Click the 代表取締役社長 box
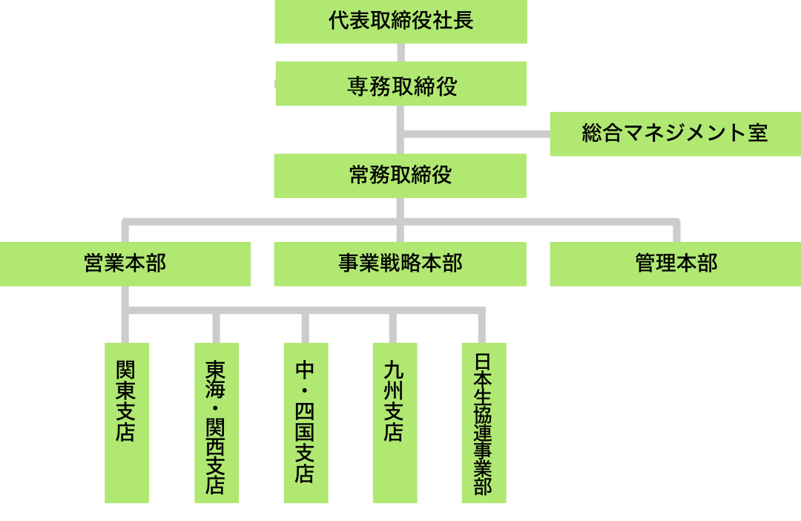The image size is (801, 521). tap(400, 22)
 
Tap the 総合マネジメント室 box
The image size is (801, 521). tap(675, 134)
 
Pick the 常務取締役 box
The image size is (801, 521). tap(400, 176)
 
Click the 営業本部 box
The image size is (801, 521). tap(125, 263)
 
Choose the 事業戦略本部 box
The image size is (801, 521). tap(400, 263)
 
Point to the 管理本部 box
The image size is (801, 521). tap(675, 263)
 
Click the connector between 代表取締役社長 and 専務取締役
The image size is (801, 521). tap(400, 52)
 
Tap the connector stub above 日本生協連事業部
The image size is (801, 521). tap(482, 327)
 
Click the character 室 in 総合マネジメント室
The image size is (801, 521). tap(758, 134)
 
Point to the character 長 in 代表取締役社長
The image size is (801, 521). tap(464, 21)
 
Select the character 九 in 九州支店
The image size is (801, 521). tap(394, 370)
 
